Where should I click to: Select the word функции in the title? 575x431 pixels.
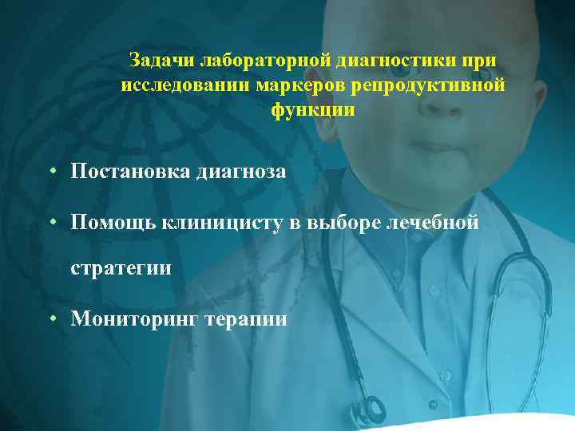(312, 110)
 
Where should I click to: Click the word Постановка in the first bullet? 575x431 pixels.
(129, 171)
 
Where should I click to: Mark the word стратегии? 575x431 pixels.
(121, 267)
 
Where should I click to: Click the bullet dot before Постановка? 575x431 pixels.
(50, 171)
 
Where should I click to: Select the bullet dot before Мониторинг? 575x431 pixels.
(50, 319)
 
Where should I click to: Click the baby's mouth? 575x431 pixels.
(434, 146)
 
